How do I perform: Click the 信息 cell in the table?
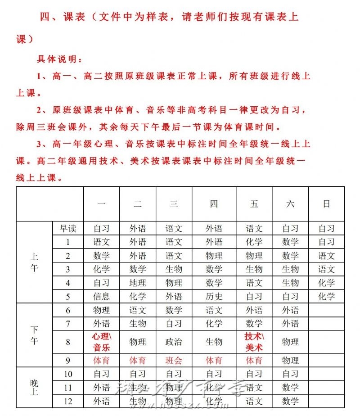[x=101, y=296]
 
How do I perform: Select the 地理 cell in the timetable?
[x=138, y=283]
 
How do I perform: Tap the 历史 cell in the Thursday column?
[x=214, y=296]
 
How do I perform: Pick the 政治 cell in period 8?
[x=174, y=342]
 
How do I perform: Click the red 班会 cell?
[x=174, y=360]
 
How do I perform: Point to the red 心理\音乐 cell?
[x=101, y=342]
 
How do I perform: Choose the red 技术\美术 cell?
[x=254, y=342]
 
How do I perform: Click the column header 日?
[x=326, y=203]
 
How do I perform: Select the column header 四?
[x=214, y=203]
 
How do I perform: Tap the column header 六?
[x=290, y=203]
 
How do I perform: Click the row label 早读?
[x=68, y=228]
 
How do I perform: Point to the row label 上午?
[x=34, y=262]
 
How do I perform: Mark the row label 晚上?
[x=34, y=387]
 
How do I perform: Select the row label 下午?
[x=34, y=335]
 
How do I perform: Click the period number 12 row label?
[x=68, y=401]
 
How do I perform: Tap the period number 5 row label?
[x=68, y=296]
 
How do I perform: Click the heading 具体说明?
[x=59, y=59]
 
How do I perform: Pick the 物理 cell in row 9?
[x=290, y=360]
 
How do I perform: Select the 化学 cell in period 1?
[x=254, y=242]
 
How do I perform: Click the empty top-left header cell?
[x=49, y=203]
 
